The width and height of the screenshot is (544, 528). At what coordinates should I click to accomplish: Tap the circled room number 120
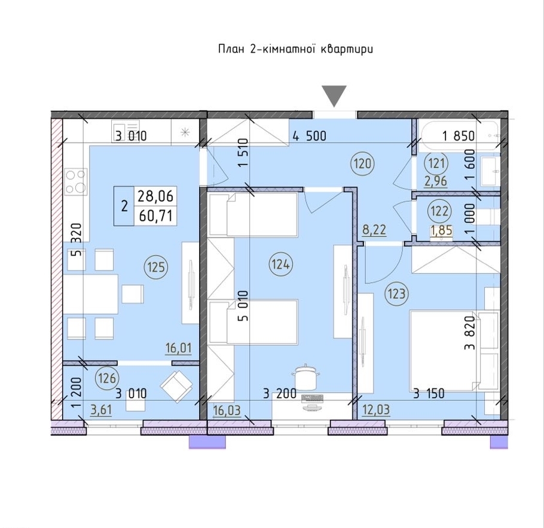[x=363, y=163]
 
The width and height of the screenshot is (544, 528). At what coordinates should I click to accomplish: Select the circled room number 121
[x=436, y=163]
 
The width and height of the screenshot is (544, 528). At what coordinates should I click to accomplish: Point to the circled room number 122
[x=439, y=211]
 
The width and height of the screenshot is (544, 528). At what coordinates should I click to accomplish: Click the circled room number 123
[x=396, y=294]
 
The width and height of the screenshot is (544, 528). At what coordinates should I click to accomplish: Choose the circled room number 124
[x=280, y=265]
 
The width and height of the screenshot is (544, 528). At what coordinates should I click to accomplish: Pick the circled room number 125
[x=156, y=267]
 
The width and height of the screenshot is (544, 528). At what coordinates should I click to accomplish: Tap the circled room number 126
[x=107, y=378]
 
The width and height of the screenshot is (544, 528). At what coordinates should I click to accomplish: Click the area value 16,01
[x=178, y=348]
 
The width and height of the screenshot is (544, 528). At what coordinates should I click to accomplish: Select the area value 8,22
[x=374, y=230]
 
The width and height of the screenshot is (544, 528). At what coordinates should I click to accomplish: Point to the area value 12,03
[x=376, y=410]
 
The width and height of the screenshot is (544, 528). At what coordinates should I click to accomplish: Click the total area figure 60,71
[x=156, y=216]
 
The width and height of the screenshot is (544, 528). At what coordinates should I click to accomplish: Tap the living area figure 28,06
[x=155, y=196]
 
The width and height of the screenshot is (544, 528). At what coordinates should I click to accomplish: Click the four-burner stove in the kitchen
[x=77, y=181]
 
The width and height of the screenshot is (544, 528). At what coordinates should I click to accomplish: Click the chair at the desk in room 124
[x=305, y=378]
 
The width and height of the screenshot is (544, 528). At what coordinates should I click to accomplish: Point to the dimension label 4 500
[x=310, y=136]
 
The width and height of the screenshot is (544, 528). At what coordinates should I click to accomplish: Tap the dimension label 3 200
[x=280, y=394]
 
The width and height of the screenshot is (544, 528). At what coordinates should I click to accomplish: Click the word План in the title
[x=230, y=49]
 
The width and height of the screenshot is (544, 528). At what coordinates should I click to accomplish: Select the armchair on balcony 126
[x=176, y=386]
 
